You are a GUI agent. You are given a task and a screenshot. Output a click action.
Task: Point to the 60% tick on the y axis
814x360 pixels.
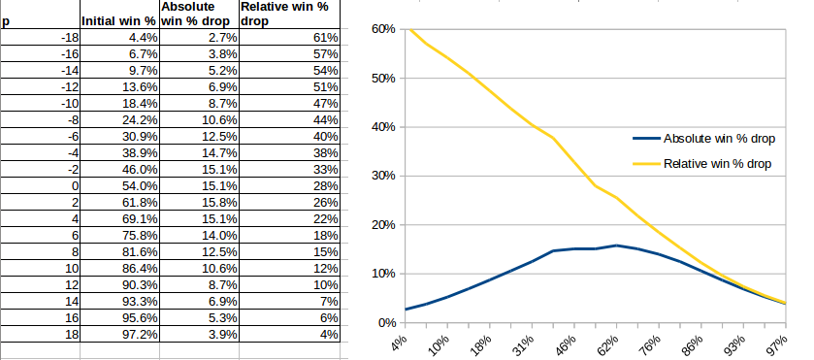click(381, 29)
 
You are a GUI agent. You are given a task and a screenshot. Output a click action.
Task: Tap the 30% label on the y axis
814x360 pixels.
click(381, 177)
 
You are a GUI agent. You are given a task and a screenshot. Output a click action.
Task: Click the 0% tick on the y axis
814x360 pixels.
click(384, 323)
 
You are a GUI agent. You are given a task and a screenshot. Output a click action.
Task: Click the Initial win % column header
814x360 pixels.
click(118, 20)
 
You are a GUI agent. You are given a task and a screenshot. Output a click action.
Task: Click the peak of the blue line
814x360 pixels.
click(616, 245)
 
